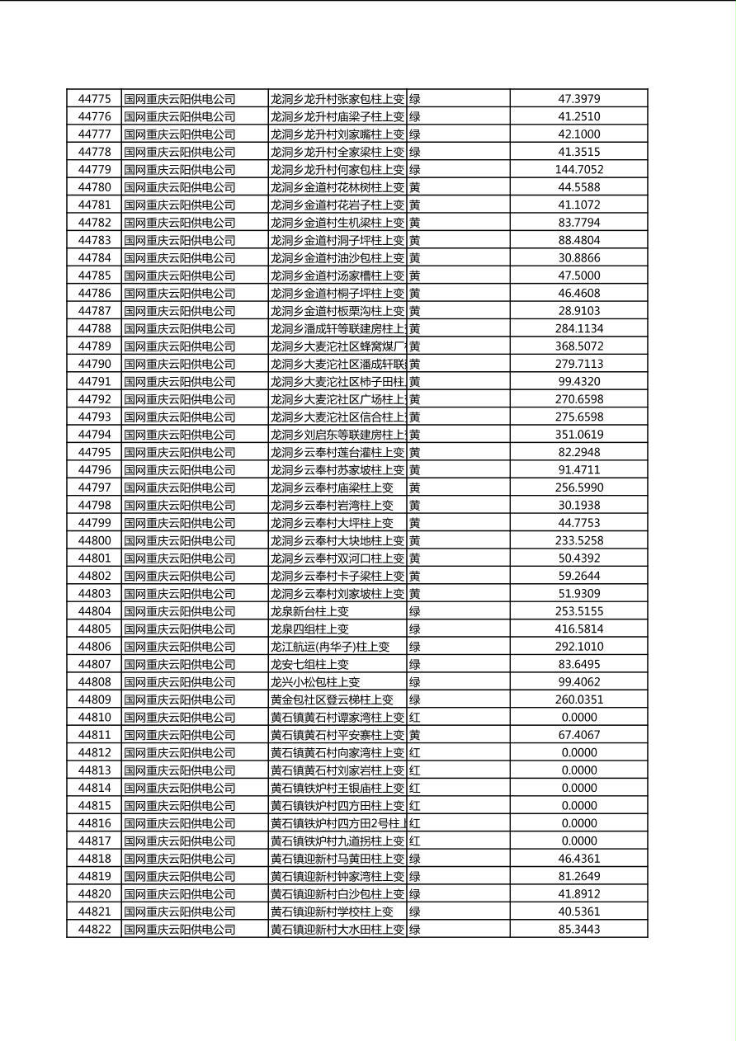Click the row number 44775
click(94, 99)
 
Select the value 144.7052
click(578, 170)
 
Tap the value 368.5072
click(578, 346)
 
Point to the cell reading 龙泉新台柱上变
click(309, 611)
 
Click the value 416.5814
click(578, 629)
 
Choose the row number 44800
click(94, 541)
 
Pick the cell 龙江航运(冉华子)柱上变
click(329, 647)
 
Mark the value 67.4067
click(578, 735)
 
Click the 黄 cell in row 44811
click(414, 735)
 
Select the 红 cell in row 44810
click(414, 718)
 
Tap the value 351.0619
click(578, 435)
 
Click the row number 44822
click(94, 930)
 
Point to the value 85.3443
click(578, 930)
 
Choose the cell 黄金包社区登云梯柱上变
click(332, 699)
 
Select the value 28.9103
click(578, 311)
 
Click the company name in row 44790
click(180, 364)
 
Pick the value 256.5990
click(578, 488)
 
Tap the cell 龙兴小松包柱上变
click(315, 682)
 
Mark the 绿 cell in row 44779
click(414, 170)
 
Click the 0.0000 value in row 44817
click(578, 841)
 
